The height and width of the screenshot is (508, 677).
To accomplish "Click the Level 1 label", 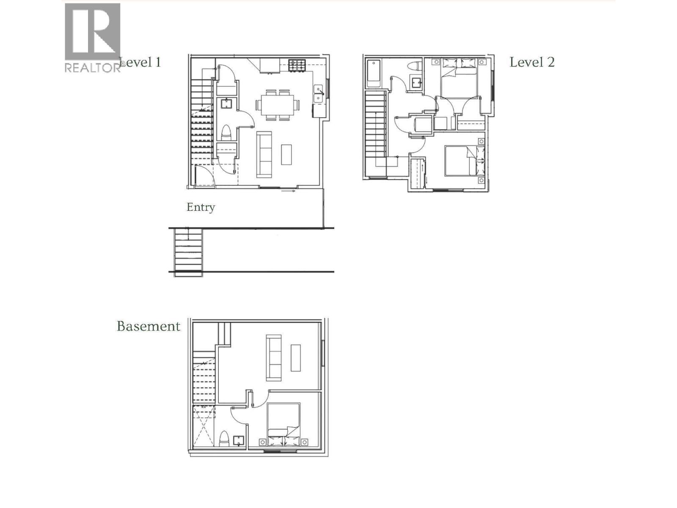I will (x=140, y=62).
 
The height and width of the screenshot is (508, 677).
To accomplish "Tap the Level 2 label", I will (x=532, y=62).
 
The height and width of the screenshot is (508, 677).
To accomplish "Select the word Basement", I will (x=149, y=326).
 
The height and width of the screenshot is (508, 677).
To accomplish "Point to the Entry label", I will (x=201, y=207).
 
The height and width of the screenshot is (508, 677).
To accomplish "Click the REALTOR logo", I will (x=93, y=38).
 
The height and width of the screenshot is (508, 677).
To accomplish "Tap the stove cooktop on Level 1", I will (x=297, y=65).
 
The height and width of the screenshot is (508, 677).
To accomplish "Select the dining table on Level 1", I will (x=277, y=104).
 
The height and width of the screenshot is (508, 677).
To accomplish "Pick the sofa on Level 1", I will (x=264, y=155).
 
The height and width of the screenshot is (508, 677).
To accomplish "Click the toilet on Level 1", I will (x=226, y=133).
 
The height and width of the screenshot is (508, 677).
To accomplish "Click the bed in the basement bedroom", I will (x=283, y=423).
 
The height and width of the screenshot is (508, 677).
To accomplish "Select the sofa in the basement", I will (x=274, y=358).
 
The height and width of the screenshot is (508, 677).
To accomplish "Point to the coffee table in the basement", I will (x=295, y=358).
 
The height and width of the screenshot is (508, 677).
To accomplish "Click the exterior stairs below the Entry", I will (x=188, y=252).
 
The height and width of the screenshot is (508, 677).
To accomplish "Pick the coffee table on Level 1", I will (x=286, y=155).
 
